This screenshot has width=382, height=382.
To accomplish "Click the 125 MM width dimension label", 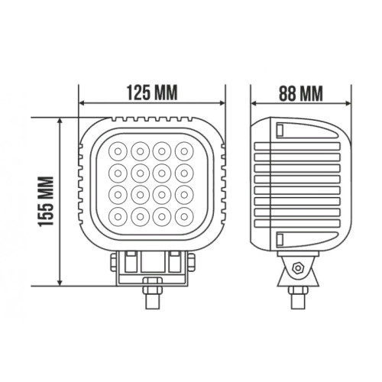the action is (x=152, y=92).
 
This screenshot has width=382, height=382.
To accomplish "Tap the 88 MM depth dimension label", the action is (x=301, y=94).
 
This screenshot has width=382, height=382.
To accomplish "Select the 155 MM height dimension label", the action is (x=46, y=201).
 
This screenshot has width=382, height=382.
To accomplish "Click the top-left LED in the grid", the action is (x=118, y=151).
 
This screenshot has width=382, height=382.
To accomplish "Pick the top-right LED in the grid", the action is (x=184, y=151).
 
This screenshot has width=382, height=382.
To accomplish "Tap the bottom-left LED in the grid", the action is (x=118, y=217).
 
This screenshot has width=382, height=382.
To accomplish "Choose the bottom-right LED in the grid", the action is (x=184, y=217).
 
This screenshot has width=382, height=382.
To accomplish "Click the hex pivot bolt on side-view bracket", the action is (x=297, y=267).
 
